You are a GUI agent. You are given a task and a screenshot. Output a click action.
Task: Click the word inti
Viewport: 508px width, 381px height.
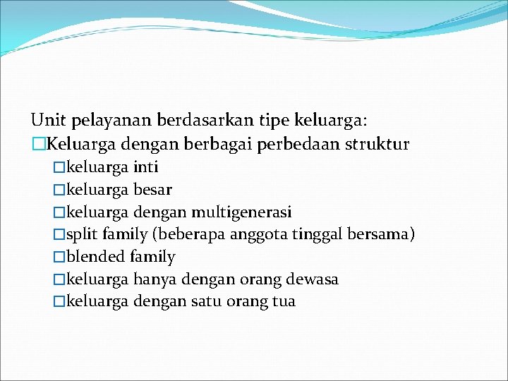pos(146,167)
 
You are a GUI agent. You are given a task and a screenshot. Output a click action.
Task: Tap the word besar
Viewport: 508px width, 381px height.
pos(152,190)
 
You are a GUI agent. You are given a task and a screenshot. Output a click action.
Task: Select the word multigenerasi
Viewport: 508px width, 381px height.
pos(241,212)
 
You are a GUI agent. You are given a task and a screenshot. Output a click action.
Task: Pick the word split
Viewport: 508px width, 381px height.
pos(83,234)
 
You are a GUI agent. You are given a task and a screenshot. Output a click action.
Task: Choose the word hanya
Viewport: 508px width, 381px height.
pos(155,279)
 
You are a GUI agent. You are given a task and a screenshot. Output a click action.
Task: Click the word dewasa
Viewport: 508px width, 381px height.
pos(313,279)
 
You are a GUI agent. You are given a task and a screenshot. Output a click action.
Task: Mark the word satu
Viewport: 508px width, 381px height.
pos(206,302)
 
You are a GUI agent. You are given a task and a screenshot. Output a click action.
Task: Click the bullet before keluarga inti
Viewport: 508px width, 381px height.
pos(59,168)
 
